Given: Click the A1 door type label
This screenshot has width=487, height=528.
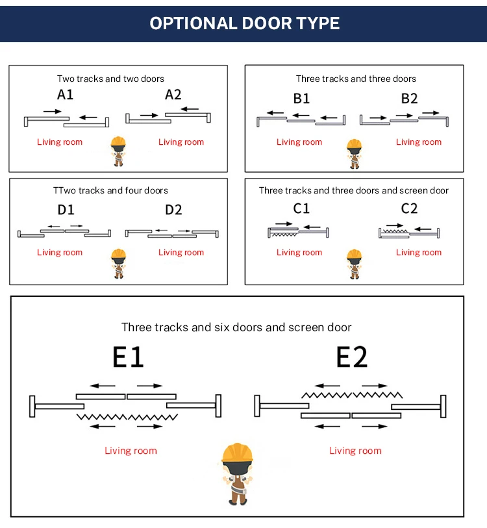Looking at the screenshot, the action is tap(66, 95).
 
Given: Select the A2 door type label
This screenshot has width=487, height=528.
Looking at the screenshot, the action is tap(173, 95).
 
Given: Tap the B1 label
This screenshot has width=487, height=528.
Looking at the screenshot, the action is tap(301, 99).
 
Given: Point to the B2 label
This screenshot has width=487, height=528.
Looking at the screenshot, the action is tap(409, 99).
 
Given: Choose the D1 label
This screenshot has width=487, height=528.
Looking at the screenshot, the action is tap(66, 210).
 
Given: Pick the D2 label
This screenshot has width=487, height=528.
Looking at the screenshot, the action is tap(173, 210).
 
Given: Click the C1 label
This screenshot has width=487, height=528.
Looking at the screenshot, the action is tap(301, 208).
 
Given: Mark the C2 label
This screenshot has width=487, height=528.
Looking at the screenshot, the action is tap(409, 208).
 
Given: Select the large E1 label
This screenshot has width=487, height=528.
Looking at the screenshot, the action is tap(128, 357).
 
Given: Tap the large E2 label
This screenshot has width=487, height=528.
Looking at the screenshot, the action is tap(352, 357).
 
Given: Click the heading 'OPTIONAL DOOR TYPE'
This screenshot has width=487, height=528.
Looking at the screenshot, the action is tap(244, 23).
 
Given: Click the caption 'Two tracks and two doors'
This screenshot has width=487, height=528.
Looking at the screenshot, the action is tap(110, 79).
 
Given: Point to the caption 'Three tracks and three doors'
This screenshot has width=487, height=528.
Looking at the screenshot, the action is tap(356, 79).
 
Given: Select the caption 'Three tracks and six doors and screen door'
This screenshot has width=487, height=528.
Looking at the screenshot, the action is tap(236, 327).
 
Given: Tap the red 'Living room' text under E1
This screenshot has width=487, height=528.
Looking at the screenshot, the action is tap(131, 451).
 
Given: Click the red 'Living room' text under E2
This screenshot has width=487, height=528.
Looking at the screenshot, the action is tap(355, 451).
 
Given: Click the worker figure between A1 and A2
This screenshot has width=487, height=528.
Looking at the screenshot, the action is tap(118, 151).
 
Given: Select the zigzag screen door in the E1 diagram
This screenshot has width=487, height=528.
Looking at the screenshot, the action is tap(127, 416).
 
